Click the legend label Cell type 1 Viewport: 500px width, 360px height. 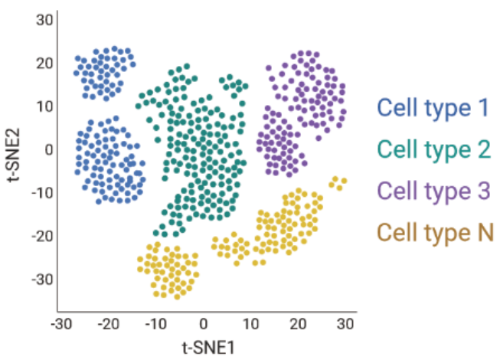click(433, 108)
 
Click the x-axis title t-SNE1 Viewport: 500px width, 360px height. click(204, 346)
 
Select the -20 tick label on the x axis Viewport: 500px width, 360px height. click(109, 324)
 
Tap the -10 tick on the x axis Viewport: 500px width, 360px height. click(156, 324)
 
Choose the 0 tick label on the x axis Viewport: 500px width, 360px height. click(204, 324)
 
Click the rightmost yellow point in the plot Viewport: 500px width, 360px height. click(344, 182)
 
